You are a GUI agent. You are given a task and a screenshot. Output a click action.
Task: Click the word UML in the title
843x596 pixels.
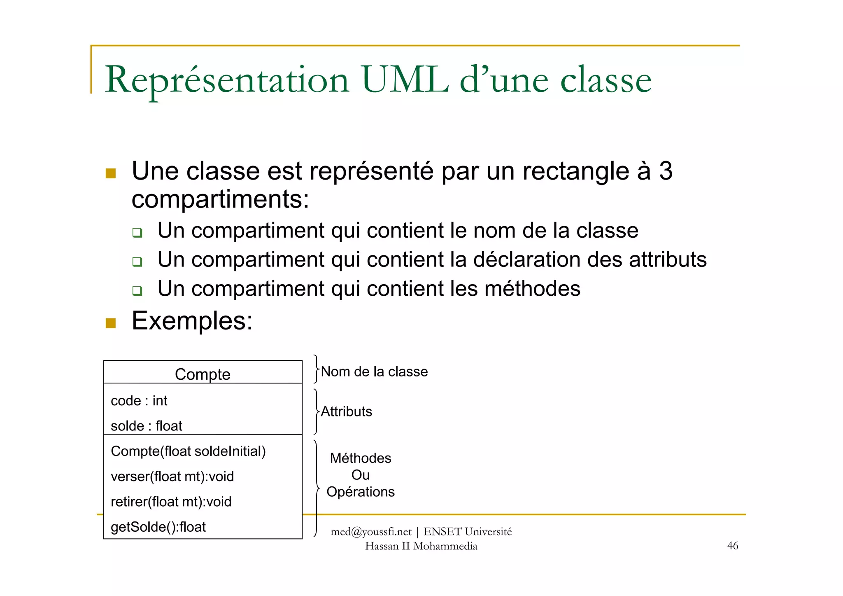pyautogui.click(x=405, y=80)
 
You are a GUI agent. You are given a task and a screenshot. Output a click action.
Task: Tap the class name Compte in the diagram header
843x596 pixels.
pyautogui.click(x=203, y=374)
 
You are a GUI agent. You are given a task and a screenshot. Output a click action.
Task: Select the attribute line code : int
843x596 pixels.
pyautogui.click(x=139, y=401)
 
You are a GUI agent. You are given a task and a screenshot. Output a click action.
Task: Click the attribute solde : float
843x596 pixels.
pyautogui.click(x=146, y=426)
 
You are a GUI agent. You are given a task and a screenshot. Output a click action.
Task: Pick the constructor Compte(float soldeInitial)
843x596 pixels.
pyautogui.click(x=188, y=451)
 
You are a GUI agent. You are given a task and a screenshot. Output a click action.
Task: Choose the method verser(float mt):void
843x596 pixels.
pyautogui.click(x=172, y=477)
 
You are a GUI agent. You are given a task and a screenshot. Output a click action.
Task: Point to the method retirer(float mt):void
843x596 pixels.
pyautogui.click(x=171, y=502)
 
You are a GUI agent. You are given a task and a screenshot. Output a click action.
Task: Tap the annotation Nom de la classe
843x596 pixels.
pyautogui.click(x=374, y=372)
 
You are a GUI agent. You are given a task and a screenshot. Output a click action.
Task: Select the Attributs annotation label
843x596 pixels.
pyautogui.click(x=346, y=411)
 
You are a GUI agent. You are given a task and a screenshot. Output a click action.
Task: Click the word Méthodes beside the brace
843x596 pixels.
pyautogui.click(x=360, y=458)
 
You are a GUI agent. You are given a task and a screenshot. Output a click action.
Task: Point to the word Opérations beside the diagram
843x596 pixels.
pyautogui.click(x=360, y=492)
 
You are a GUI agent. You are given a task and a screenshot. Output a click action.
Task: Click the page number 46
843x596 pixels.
pyautogui.click(x=733, y=546)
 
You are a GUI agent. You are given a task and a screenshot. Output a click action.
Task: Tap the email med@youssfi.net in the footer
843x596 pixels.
pyautogui.click(x=371, y=532)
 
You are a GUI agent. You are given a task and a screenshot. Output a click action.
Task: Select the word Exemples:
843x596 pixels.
pyautogui.click(x=192, y=321)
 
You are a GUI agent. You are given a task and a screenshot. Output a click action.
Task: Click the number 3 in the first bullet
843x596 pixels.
pyautogui.click(x=666, y=171)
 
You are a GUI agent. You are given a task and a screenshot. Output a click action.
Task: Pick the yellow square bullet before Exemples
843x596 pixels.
pyautogui.click(x=111, y=323)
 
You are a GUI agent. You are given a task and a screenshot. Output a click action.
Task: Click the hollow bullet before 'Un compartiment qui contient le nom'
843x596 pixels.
pyautogui.click(x=137, y=233)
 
